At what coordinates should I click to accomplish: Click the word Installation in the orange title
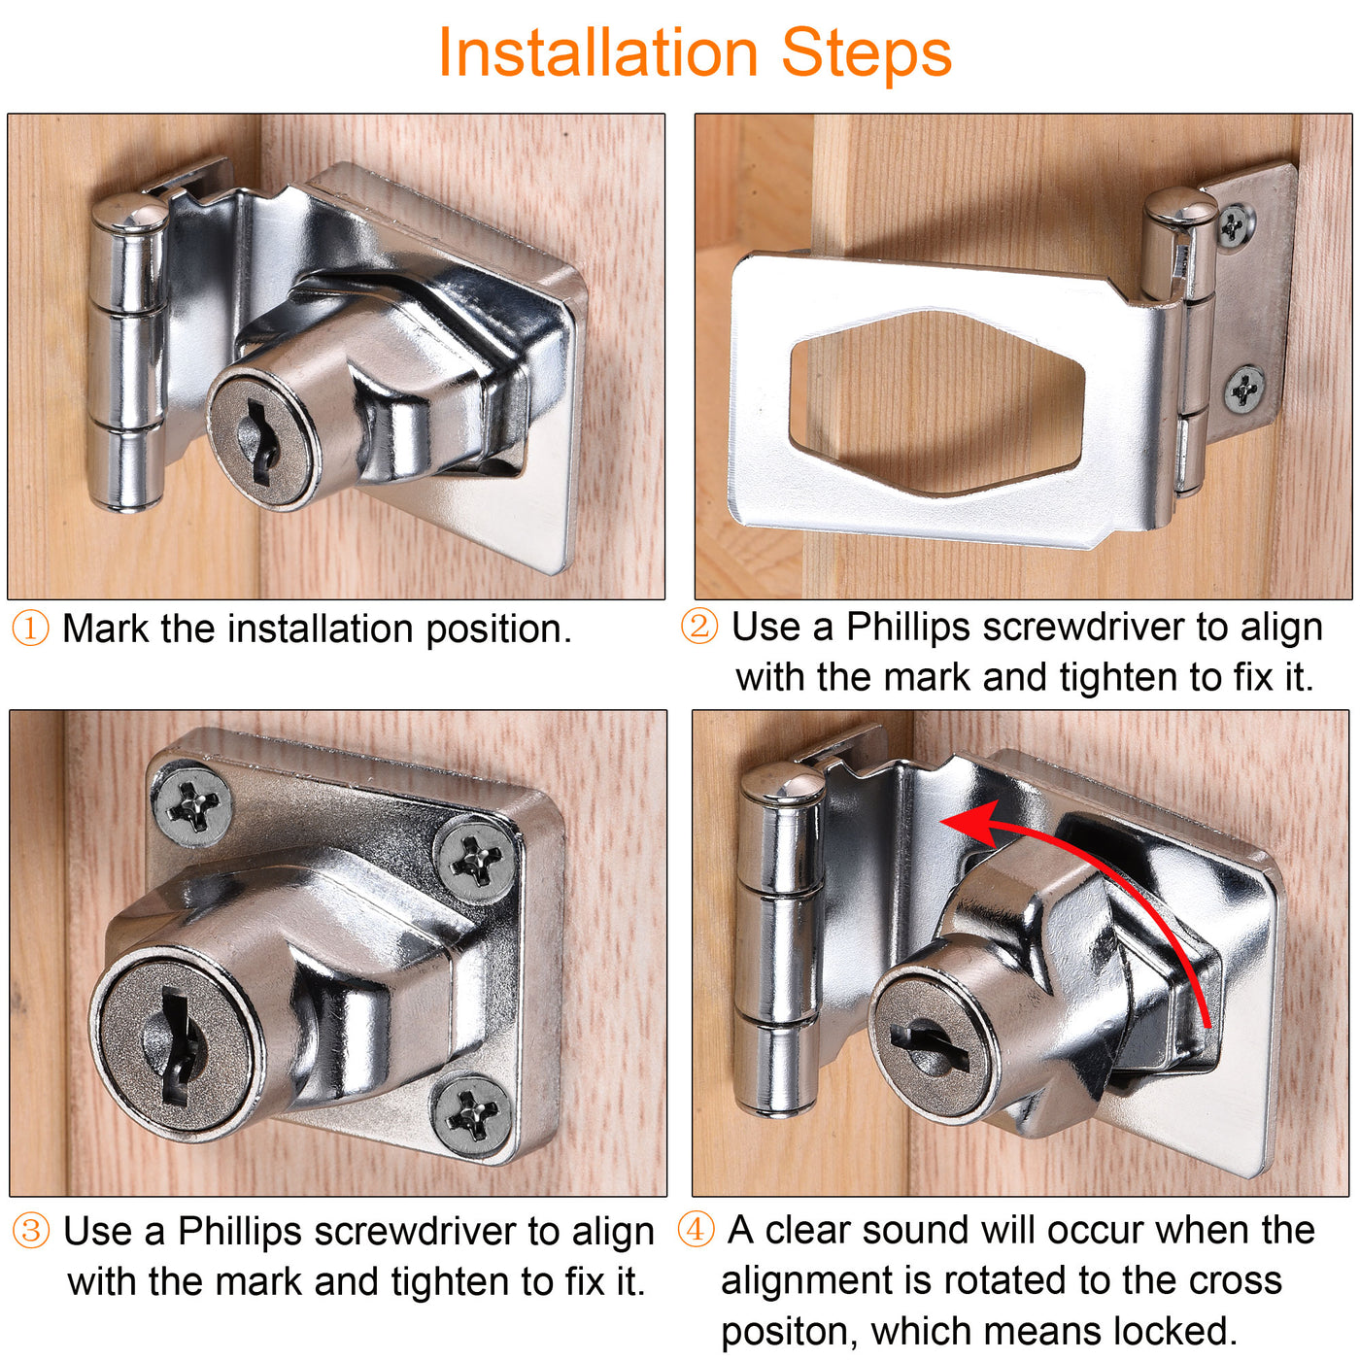(597, 52)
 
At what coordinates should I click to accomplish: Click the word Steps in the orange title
(867, 53)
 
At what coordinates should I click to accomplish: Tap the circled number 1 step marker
(30, 629)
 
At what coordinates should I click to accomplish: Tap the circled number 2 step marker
(698, 626)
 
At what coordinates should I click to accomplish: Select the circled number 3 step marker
(31, 1232)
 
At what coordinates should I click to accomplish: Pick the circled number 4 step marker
(696, 1230)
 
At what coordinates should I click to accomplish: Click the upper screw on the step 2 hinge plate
(1234, 225)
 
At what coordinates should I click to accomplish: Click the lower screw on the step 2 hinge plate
(1243, 388)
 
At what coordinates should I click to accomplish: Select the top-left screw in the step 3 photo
(192, 806)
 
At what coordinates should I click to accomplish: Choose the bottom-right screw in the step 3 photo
(471, 1113)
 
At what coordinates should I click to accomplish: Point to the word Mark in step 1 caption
(106, 629)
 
